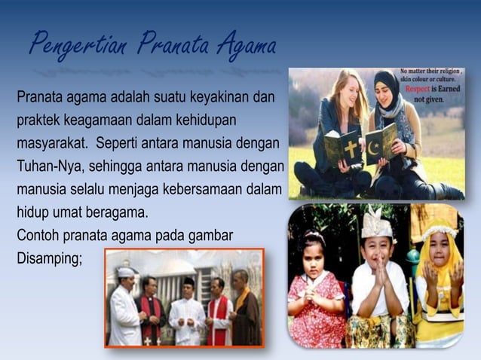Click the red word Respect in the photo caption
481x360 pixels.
(x=419, y=88)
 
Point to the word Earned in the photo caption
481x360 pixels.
(x=449, y=88)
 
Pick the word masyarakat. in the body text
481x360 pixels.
(x=52, y=143)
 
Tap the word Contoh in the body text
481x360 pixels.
(x=38, y=236)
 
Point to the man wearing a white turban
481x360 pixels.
(x=124, y=305)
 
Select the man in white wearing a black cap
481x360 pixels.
(x=186, y=309)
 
